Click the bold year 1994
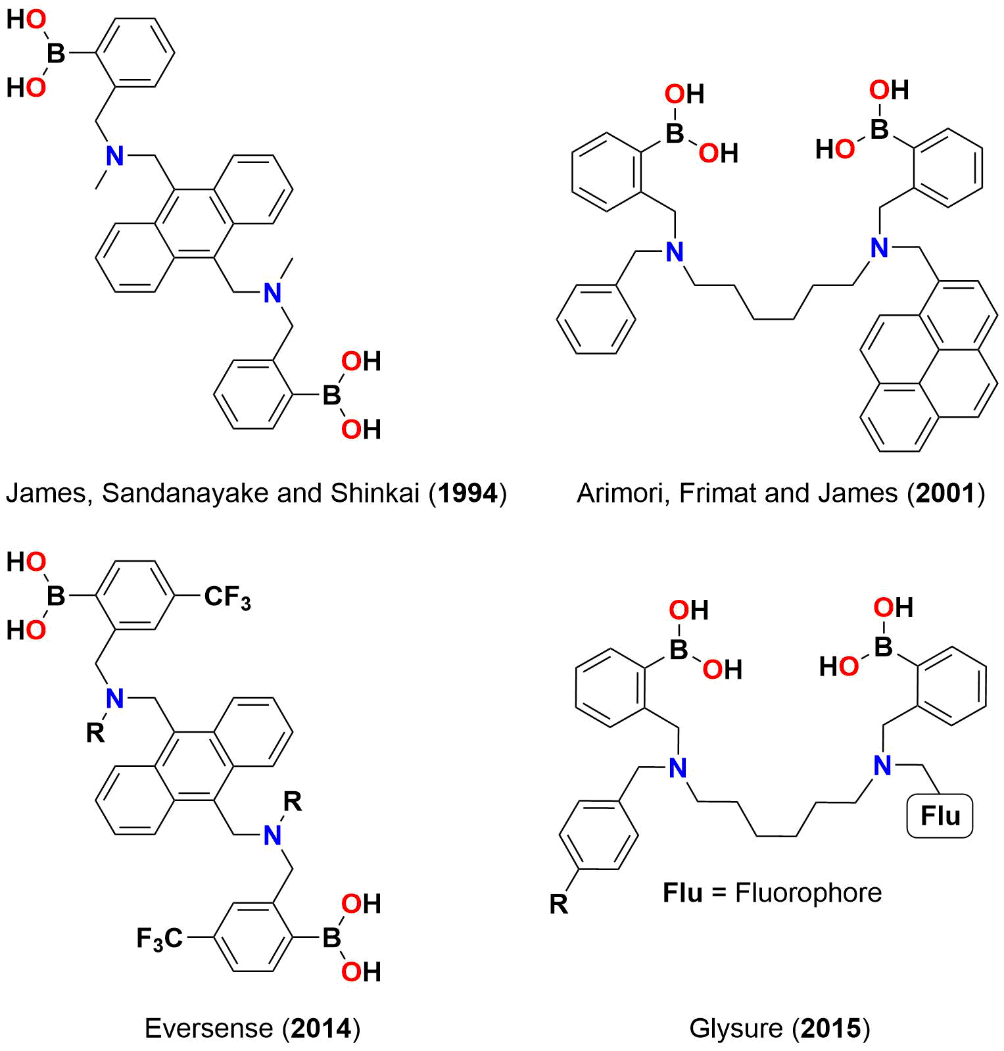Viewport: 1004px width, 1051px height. (467, 493)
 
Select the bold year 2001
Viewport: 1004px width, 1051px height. (945, 493)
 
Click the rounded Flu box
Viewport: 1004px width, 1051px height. (940, 816)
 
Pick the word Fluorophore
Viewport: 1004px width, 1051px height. (808, 892)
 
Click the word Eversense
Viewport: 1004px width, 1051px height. (208, 1028)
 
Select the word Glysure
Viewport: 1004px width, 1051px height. (736, 1028)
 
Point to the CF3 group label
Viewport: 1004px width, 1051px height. (227, 597)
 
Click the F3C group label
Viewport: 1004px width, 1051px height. (159, 938)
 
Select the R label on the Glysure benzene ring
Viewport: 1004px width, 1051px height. (558, 904)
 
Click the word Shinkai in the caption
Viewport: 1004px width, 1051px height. (375, 493)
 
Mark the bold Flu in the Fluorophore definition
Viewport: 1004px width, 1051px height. (682, 892)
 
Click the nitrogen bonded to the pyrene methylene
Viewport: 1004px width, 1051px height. (879, 249)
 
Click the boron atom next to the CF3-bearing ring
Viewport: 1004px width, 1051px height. (56, 596)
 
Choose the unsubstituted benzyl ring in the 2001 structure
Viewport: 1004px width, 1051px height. (596, 320)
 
